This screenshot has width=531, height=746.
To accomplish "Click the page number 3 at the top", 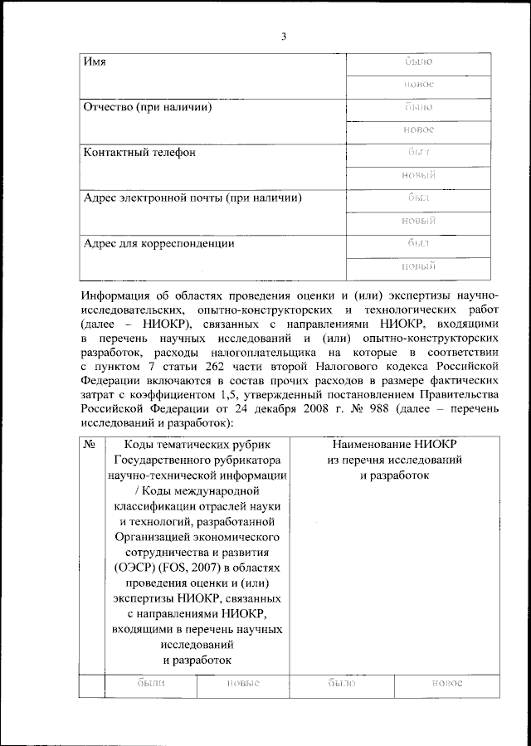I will (284, 37).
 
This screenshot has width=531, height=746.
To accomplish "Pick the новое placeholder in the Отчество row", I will (419, 130).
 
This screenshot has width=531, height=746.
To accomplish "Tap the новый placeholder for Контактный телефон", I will (419, 175).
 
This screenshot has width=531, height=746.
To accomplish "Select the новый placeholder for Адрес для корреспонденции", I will (419, 266).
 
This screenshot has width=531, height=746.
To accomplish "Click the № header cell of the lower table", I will (91, 445).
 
